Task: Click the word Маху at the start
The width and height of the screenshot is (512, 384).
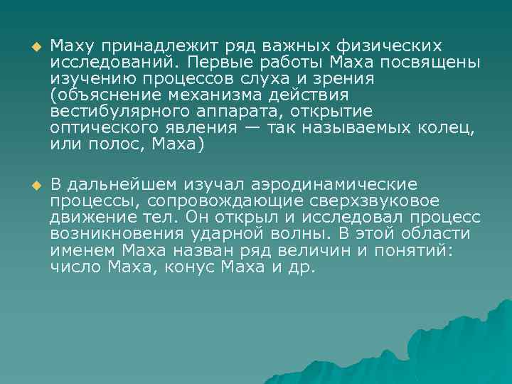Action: (x=68, y=46)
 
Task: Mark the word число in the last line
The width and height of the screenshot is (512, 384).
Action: (x=73, y=268)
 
